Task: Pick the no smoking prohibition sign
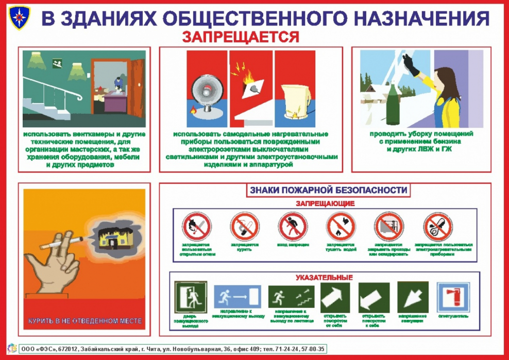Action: tap(244, 228)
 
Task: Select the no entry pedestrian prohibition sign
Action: tap(292, 228)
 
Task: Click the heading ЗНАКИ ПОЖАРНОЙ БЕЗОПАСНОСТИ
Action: tap(328, 190)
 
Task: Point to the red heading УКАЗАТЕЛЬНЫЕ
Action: tap(324, 278)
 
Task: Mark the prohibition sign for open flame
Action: tap(196, 228)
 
